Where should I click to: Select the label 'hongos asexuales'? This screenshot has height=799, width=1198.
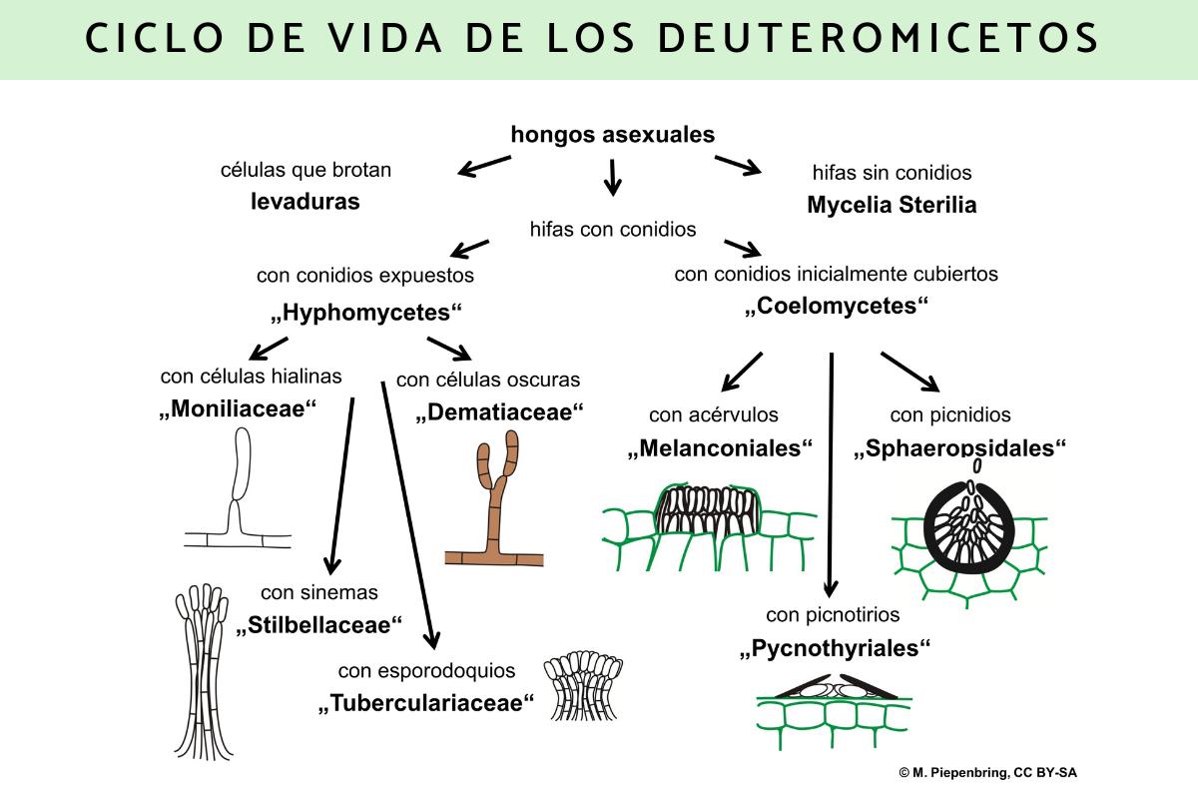coord(613,135)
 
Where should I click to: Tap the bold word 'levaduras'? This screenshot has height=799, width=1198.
coord(304,202)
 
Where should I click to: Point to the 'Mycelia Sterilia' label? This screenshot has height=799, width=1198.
coord(892,206)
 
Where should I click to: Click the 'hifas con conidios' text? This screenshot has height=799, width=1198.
coord(613,229)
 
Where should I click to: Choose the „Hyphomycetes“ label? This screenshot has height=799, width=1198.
coord(366,313)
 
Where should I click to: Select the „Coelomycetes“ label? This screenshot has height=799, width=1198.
coord(837,307)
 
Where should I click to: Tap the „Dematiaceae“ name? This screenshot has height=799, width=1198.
coord(499,412)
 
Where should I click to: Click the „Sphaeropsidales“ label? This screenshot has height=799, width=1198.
coord(960,448)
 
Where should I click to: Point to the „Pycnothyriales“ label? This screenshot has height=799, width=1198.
coord(835,648)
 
